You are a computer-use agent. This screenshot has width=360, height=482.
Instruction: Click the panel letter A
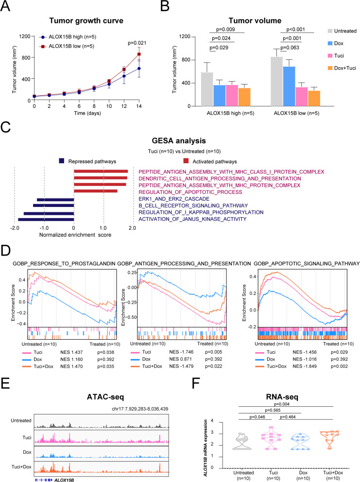pos(5,6)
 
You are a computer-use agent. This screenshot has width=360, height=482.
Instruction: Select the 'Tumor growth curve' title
pos(86,21)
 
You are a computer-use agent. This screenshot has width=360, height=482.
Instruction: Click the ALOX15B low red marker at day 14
pos(139,54)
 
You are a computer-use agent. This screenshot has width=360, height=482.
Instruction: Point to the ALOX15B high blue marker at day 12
pos(124,76)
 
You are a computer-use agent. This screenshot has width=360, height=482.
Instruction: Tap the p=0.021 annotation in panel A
pos(137,43)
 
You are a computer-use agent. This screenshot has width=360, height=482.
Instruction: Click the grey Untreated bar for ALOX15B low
pos(276,82)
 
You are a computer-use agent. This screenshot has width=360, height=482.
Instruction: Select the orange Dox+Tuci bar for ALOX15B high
pos(244,97)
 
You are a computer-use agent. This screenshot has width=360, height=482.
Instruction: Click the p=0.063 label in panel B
pos(290,48)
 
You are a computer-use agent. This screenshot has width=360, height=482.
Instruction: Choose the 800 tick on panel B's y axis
pos(186,60)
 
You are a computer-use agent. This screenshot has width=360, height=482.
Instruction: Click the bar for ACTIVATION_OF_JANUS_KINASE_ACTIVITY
pos(46,220)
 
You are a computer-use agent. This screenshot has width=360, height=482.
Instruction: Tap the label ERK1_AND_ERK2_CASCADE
pos(174,199)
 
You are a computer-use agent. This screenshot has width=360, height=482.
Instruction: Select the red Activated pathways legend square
pos(186,161)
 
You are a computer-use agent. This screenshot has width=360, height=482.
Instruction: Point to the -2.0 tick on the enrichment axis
pos(15,228)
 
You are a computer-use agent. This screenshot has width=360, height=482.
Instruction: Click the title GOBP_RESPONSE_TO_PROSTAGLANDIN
pos(64,263)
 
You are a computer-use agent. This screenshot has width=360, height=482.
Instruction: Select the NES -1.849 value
pos(305,366)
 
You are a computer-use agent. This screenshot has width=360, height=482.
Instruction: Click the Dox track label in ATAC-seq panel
pos(27,452)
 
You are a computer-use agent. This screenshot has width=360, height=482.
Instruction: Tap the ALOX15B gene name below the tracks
pos(64,480)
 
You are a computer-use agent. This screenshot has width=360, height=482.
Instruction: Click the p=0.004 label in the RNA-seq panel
pos(282,404)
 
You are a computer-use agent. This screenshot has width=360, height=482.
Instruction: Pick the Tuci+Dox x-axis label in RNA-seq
pos(333,472)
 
